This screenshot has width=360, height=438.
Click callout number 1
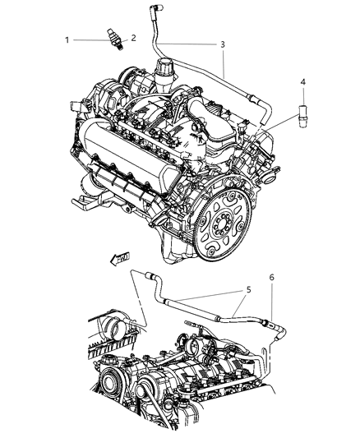68,39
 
